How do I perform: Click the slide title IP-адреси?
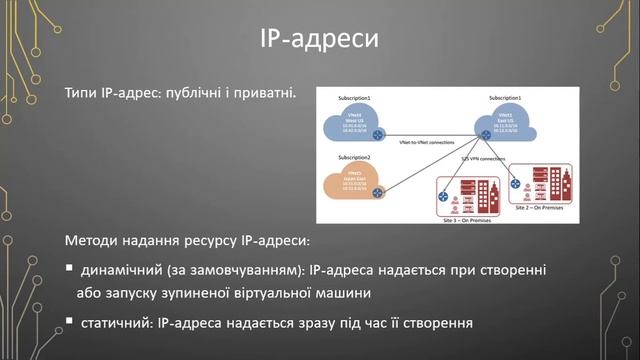(320, 40)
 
